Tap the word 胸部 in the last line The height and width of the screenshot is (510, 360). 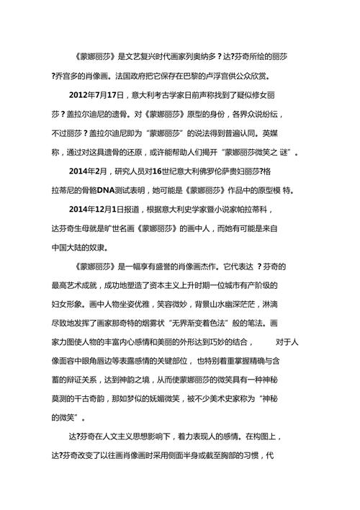(x=235, y=455)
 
